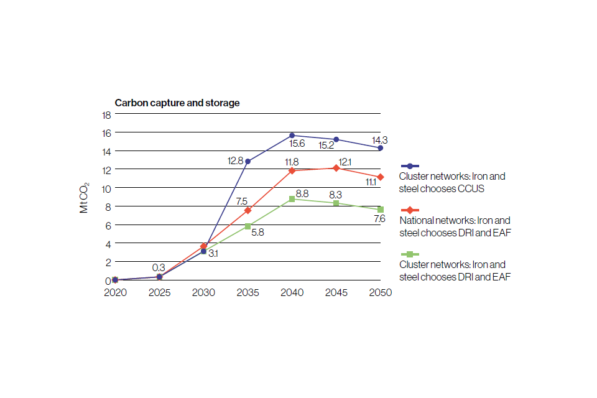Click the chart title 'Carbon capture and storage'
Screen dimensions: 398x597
click(177, 103)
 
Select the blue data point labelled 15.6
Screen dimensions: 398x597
click(292, 135)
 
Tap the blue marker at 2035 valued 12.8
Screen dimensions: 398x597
click(248, 162)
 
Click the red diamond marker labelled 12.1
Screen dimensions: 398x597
click(336, 168)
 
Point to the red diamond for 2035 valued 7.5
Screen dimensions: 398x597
click(248, 210)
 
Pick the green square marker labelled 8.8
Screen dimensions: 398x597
click(292, 199)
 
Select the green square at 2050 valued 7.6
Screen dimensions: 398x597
click(380, 210)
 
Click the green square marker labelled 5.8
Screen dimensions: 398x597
click(248, 226)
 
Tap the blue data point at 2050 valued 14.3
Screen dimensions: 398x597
click(380, 148)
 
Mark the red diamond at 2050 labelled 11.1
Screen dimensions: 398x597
click(380, 177)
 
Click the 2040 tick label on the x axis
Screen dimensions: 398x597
click(292, 292)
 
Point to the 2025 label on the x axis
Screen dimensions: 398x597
click(159, 292)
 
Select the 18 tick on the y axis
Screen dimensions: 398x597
click(106, 115)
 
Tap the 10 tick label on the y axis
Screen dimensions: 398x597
click(106, 188)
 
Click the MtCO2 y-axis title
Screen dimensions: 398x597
click(85, 197)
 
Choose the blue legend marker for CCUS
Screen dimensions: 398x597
click(409, 166)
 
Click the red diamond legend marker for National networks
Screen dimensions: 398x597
click(409, 210)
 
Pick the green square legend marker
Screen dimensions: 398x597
click(409, 254)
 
